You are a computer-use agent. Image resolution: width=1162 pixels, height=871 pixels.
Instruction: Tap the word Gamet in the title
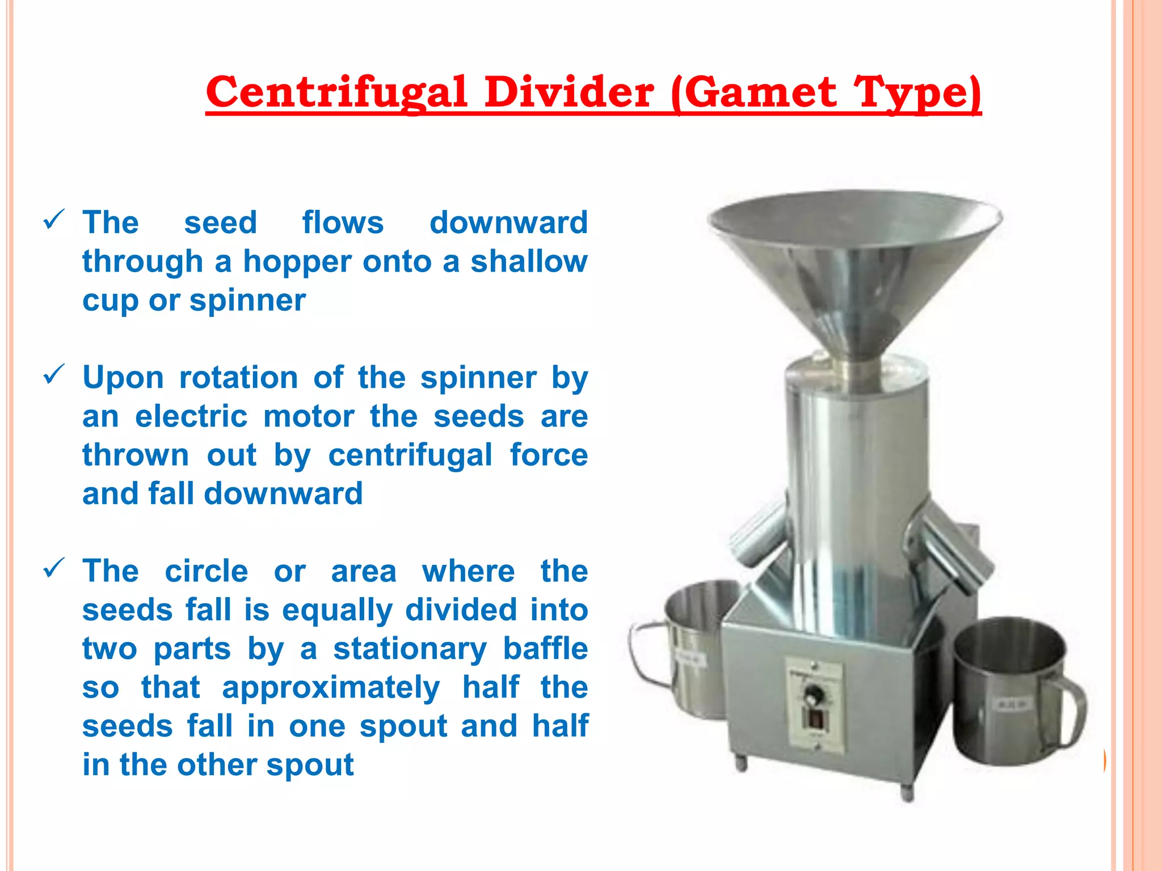(x=763, y=92)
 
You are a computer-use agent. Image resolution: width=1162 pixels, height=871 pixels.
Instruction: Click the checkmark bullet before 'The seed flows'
(x=53, y=219)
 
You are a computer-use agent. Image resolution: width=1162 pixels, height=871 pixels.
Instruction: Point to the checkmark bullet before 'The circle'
(x=53, y=568)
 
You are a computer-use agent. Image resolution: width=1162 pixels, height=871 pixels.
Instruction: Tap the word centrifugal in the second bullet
(x=410, y=456)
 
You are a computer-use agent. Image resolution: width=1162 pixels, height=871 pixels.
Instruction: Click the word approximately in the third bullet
(x=331, y=688)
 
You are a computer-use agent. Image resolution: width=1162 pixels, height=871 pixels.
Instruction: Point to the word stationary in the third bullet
(x=410, y=649)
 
